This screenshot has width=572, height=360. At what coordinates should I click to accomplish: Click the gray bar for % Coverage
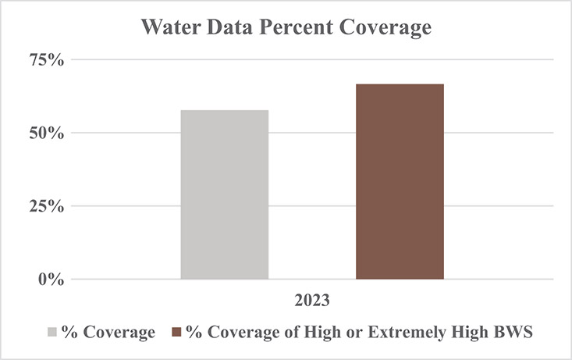[x=225, y=194]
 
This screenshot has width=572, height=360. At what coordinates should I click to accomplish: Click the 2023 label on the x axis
[x=312, y=300]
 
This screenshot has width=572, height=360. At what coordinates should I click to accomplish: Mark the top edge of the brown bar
[x=400, y=84]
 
